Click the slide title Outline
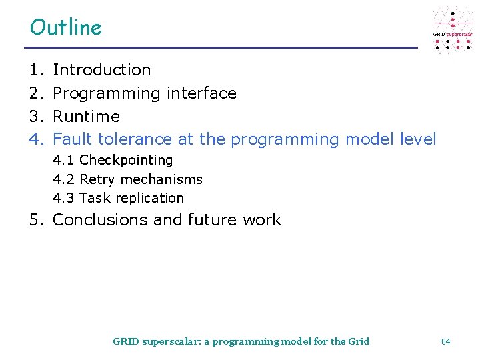coord(65,27)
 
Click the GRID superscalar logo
coord(453,31)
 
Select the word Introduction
coord(101,69)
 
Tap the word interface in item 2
coord(201,93)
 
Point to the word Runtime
coord(86,116)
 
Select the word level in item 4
coord(418,139)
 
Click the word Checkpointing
coord(126,161)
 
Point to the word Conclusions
coord(100,220)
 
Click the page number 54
coord(445,341)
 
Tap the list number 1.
coord(35,69)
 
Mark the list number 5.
coord(35,220)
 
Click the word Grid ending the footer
coord(359,341)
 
